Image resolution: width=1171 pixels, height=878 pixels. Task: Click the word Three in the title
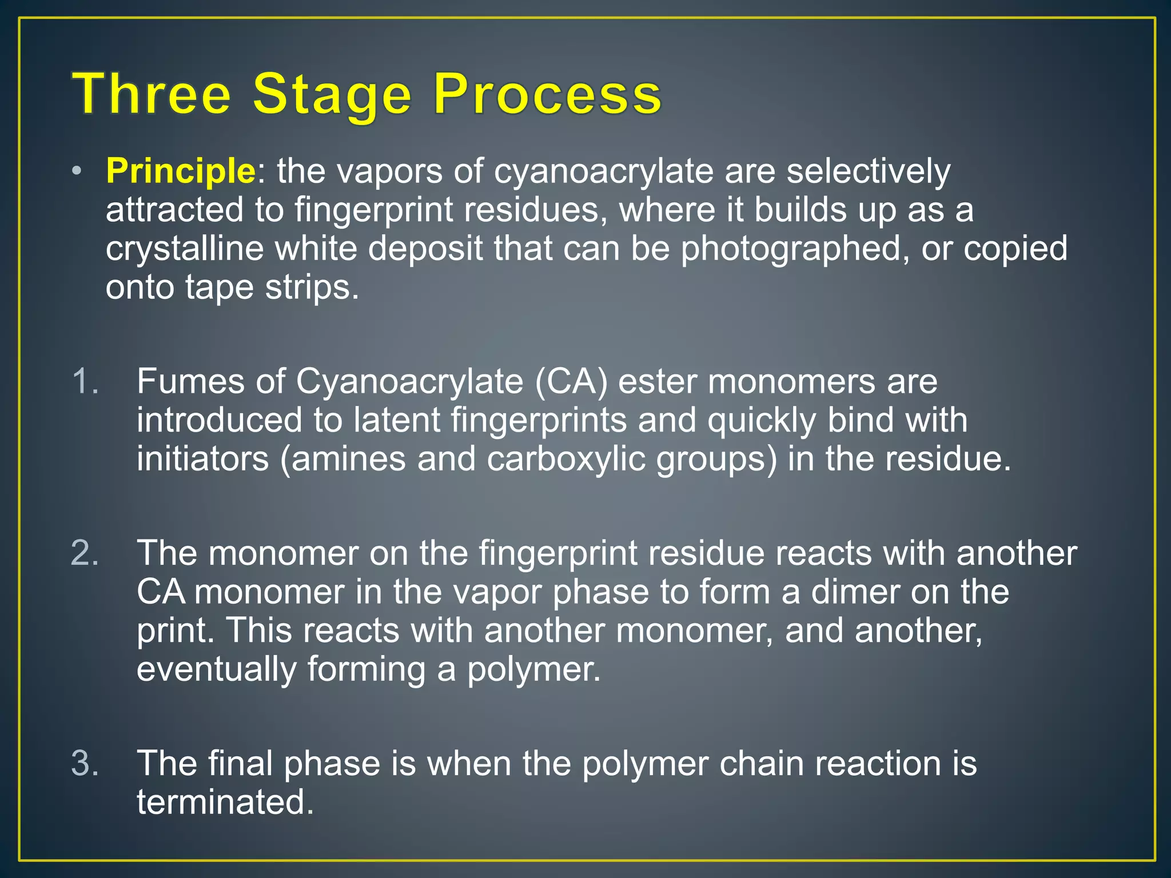coord(152,94)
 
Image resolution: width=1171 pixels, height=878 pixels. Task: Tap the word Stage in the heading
coord(332,94)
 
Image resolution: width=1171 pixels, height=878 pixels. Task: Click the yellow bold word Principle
coord(181,171)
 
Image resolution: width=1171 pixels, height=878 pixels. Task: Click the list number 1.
coord(85,381)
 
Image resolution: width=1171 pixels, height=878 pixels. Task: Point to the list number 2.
coord(85,553)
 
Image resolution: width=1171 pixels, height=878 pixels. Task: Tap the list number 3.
coord(85,763)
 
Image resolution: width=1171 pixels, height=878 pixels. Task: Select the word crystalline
coord(184,248)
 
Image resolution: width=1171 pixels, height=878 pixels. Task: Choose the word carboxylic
coord(565,458)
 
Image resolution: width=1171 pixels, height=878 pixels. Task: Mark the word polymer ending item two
coord(534,669)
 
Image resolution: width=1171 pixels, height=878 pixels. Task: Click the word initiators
coord(202,458)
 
